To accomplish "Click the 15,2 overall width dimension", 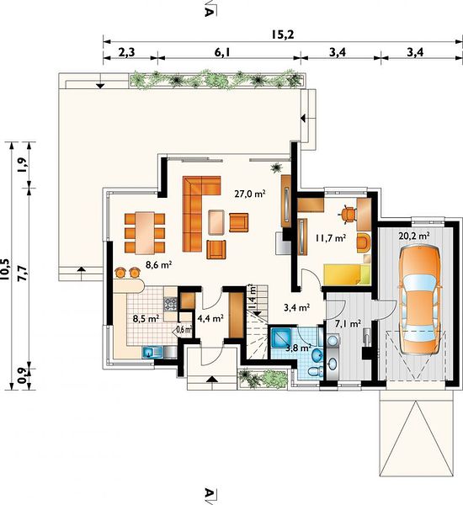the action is [x=282, y=35].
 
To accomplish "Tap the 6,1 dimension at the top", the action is [x=222, y=52].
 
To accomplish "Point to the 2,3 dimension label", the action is [x=126, y=52].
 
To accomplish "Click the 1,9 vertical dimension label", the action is [x=23, y=165].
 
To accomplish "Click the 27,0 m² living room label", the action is [x=250, y=194].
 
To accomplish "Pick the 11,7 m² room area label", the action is [x=331, y=238].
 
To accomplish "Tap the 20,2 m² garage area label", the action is [x=414, y=236].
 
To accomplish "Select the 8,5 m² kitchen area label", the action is [x=146, y=319].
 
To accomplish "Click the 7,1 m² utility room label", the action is [x=348, y=324].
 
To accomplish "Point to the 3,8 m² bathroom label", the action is [x=298, y=348].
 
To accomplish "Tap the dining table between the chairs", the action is [x=145, y=232].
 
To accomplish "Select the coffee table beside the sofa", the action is [x=216, y=222].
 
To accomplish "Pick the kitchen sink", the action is [x=152, y=353].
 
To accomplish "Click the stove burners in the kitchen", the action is [x=170, y=304].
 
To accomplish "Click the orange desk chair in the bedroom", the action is [x=348, y=214].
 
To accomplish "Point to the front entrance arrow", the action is [x=210, y=379].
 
